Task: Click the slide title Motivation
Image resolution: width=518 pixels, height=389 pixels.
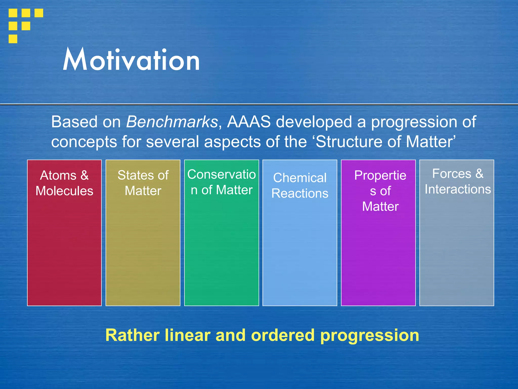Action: tap(131, 60)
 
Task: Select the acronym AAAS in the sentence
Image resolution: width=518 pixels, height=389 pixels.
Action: tap(249, 122)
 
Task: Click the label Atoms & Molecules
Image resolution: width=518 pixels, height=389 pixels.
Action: tap(64, 183)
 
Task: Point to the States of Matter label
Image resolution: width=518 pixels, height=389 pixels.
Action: tap(143, 183)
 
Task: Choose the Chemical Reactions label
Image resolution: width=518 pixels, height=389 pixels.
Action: tap(300, 185)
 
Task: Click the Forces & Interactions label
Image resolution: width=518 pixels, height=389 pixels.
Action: tap(458, 181)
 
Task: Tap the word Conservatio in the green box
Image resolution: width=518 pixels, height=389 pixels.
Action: tap(221, 174)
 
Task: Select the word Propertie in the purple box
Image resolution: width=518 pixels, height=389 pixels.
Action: tap(380, 175)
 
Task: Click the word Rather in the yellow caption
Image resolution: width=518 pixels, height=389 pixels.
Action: tap(132, 335)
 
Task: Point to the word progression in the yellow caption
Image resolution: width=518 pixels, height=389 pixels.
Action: tap(370, 336)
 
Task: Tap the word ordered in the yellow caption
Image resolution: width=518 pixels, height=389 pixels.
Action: tap(283, 335)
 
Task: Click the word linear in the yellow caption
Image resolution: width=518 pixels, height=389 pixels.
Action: tap(187, 335)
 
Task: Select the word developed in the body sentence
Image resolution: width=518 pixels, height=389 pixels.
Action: tap(314, 122)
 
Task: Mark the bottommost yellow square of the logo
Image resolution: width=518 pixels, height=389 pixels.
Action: tap(13, 39)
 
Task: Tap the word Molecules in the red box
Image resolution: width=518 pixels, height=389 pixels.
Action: tap(64, 191)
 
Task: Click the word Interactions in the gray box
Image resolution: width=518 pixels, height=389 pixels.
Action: tap(458, 189)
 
